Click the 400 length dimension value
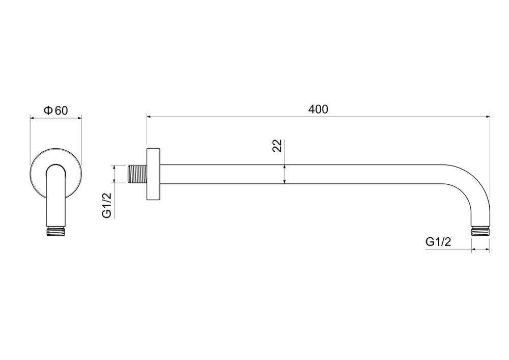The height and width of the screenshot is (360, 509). pyautogui.click(x=318, y=109)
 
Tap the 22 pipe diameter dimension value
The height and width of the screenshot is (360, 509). pyautogui.click(x=277, y=146)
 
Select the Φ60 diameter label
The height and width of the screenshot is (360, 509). pyautogui.click(x=56, y=110)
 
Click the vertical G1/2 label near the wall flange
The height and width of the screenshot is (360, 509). pyautogui.click(x=107, y=205)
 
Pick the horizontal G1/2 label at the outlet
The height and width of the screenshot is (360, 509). pyautogui.click(x=438, y=242)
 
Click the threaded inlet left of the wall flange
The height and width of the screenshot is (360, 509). pyautogui.click(x=136, y=174)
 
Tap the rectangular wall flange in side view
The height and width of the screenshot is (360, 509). pyautogui.click(x=153, y=174)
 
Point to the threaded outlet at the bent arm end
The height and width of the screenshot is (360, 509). pyautogui.click(x=480, y=231)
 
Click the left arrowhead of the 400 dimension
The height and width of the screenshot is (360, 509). pyautogui.click(x=149, y=116)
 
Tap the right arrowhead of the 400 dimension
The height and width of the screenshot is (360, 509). pyautogui.click(x=488, y=116)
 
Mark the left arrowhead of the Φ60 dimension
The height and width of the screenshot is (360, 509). pyautogui.click(x=32, y=118)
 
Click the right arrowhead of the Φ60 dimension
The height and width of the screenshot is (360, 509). pyautogui.click(x=79, y=118)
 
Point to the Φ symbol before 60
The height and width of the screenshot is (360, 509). pyautogui.click(x=48, y=110)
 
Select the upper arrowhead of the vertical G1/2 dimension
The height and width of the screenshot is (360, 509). pyautogui.click(x=114, y=168)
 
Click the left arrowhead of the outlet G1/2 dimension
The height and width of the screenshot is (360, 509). pyautogui.click(x=474, y=250)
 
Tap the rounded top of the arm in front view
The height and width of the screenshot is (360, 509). pyautogui.click(x=56, y=165)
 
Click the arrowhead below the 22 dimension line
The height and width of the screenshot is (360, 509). pyautogui.click(x=284, y=181)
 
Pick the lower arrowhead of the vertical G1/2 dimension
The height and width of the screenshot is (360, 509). pyautogui.click(x=114, y=181)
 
